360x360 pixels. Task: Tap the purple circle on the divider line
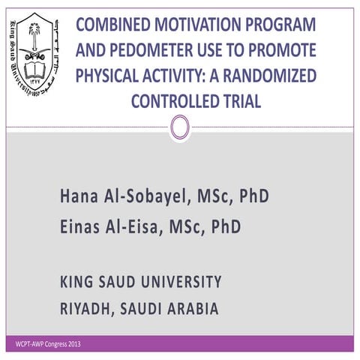(x=179, y=126)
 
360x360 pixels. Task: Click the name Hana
(x=80, y=197)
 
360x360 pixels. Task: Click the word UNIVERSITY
(x=174, y=282)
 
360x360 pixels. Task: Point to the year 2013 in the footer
(x=71, y=344)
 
